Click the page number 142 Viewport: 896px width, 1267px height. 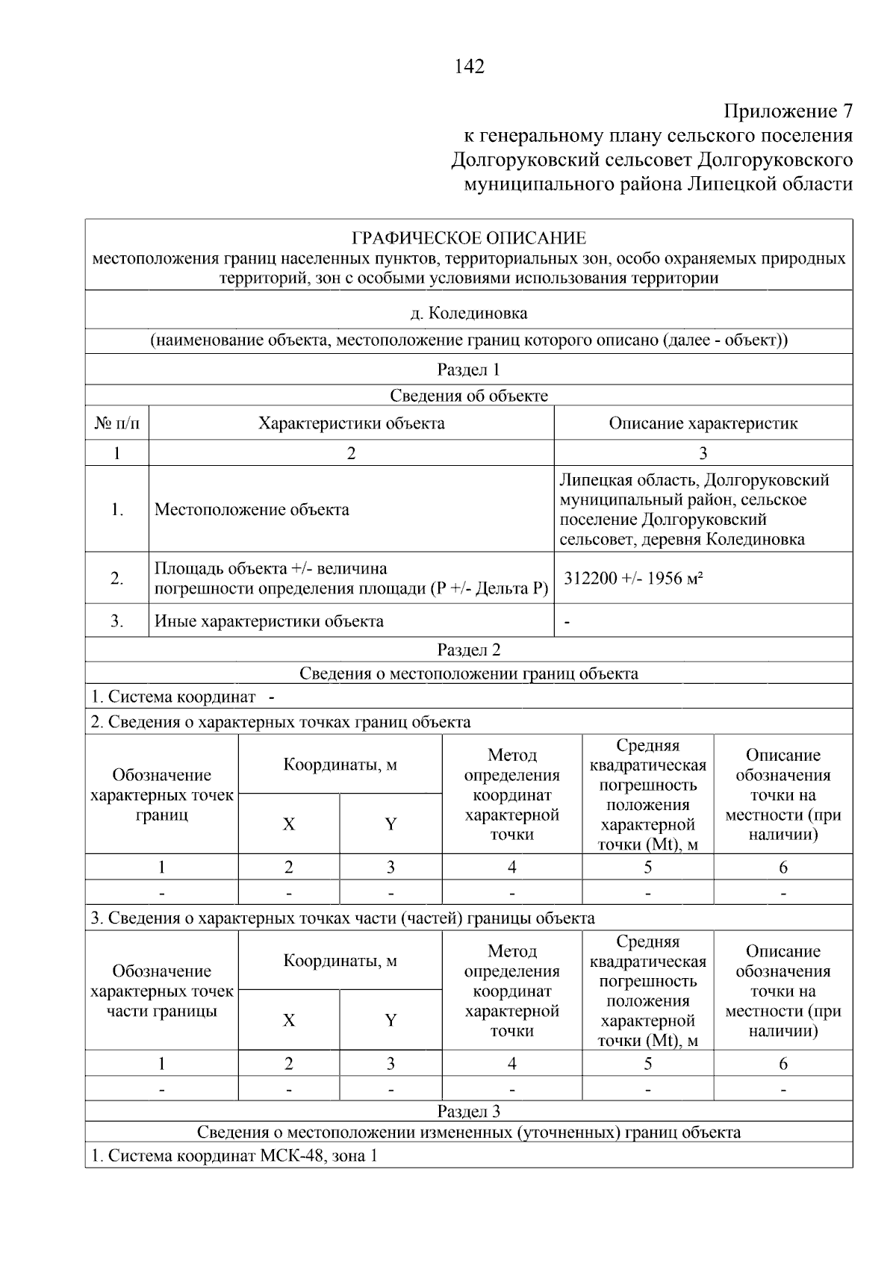coord(469,66)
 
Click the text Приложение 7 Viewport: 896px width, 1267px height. coord(788,111)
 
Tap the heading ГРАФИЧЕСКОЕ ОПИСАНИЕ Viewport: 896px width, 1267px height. coord(469,238)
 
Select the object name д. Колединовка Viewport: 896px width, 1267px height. coord(469,313)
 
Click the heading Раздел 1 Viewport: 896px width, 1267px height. coord(469,370)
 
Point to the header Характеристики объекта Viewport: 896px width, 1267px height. coord(351,423)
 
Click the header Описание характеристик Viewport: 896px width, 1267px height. coord(703,423)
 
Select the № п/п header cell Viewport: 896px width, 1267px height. coord(117,423)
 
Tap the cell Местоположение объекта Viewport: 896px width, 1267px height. coord(252,510)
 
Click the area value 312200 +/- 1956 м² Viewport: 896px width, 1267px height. coord(635,579)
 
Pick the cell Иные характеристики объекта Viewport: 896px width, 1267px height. coord(269,621)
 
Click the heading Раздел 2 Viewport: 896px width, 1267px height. coord(469,650)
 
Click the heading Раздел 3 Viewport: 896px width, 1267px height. coord(469,1112)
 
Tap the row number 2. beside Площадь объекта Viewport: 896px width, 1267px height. coord(117,579)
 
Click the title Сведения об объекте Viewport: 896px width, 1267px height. coord(469,396)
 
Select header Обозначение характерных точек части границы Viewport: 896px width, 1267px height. coord(162,991)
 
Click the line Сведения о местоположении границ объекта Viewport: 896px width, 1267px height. coord(469,673)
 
